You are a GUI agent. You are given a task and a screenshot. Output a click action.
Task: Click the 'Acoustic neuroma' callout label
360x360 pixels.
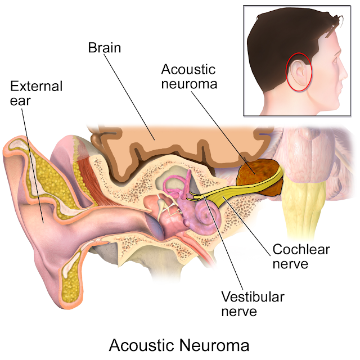[x=188, y=78]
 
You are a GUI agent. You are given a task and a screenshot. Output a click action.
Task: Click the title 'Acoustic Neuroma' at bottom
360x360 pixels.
[x=179, y=344]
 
